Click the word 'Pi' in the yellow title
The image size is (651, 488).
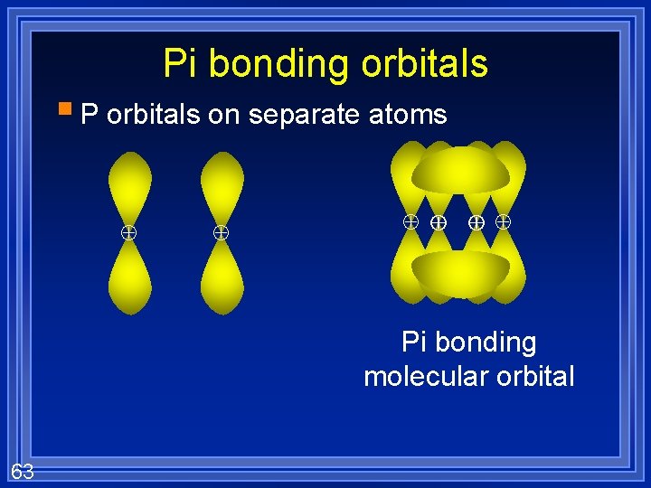(x=179, y=63)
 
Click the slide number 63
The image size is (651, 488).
(x=23, y=470)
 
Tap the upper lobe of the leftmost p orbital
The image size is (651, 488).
(x=129, y=186)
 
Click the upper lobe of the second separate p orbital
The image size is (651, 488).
(x=221, y=186)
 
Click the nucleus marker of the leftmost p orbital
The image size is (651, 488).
(x=129, y=232)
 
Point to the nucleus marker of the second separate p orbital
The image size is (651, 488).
(x=221, y=232)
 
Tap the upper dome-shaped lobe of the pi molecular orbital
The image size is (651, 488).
(x=460, y=169)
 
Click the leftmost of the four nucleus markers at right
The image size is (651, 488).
(x=410, y=221)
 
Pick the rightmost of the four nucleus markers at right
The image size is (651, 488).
(x=504, y=221)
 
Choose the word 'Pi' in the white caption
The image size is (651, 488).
(x=413, y=343)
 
